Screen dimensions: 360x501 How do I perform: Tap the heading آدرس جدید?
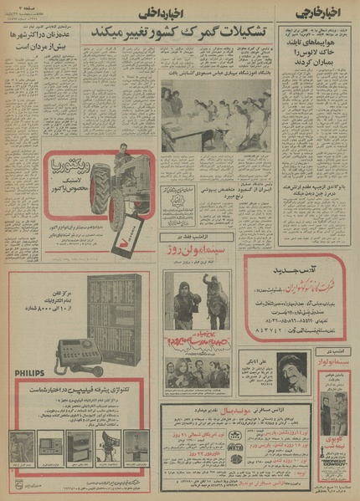(296, 268)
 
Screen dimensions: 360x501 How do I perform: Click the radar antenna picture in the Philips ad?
(109, 444)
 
